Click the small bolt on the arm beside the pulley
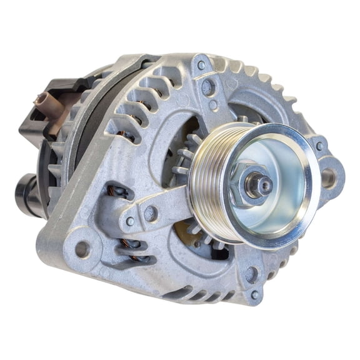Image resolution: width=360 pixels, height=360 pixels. pos(130,221)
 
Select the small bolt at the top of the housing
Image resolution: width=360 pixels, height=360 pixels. pos(201,64)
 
